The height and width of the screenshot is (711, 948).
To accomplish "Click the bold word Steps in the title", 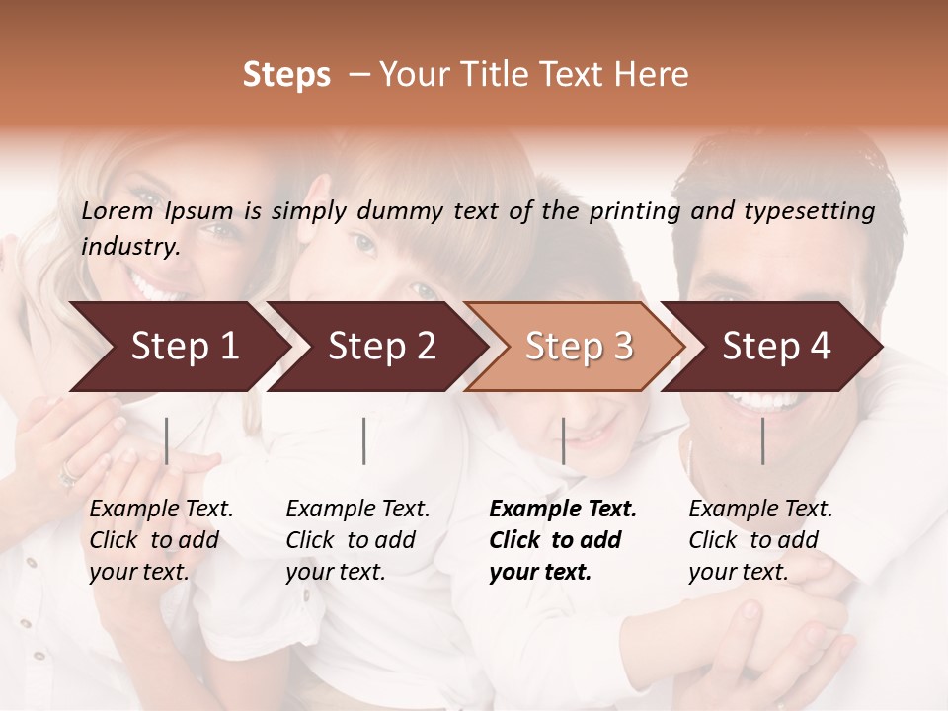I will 286,74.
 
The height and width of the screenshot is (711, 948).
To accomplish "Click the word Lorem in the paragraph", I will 118,210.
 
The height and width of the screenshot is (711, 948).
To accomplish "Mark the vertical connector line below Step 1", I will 166,440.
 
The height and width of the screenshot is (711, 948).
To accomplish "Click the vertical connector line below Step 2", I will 364,440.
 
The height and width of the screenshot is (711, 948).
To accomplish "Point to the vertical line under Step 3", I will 563,440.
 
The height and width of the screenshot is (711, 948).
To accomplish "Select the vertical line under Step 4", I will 762,440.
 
